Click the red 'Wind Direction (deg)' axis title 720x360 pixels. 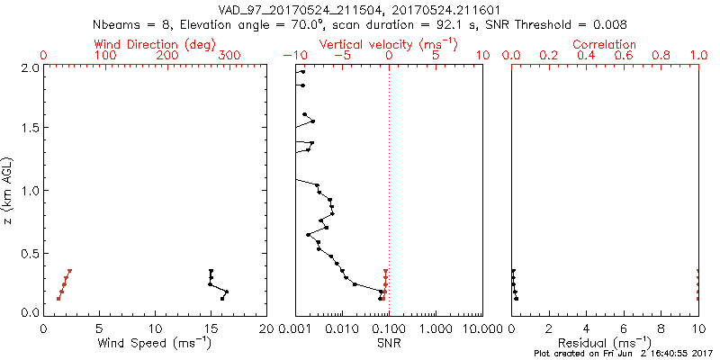click(x=155, y=44)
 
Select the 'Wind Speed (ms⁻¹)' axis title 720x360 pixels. click(x=155, y=342)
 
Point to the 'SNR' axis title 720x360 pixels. click(x=389, y=342)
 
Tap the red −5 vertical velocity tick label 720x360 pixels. click(x=341, y=56)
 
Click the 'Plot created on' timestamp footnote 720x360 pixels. click(x=622, y=354)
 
